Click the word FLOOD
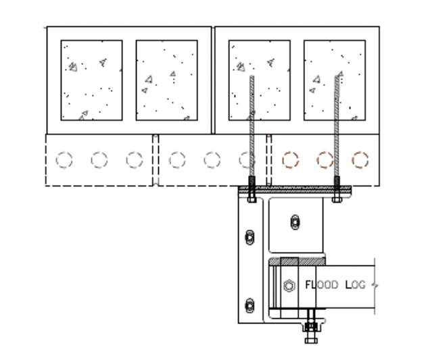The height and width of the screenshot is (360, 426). pos(321,285)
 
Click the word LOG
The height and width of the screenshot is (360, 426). pos(356,285)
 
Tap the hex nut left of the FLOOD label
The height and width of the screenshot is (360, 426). pos(289,286)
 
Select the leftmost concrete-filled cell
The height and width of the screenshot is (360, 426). pos(91,80)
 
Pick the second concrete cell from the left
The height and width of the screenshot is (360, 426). pos(166,80)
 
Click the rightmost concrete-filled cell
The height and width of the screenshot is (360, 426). pos(335,80)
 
